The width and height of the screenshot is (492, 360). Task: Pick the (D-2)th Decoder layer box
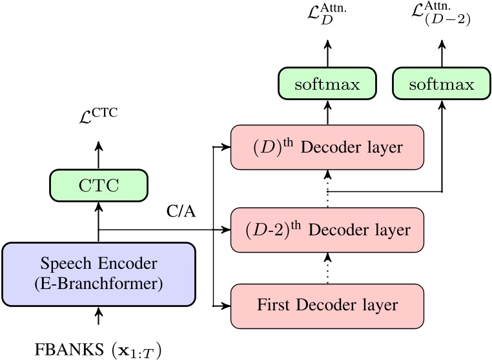click(x=329, y=229)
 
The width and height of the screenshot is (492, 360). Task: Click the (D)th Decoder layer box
click(x=329, y=147)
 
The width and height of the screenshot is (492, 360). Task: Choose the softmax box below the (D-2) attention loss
click(x=442, y=85)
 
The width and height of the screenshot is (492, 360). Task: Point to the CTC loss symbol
click(x=98, y=117)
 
